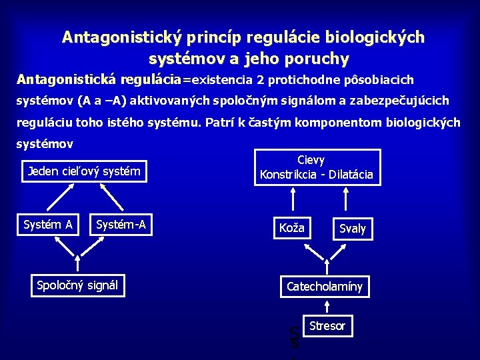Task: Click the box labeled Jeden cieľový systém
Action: [x=84, y=171]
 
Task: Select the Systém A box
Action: [x=48, y=225]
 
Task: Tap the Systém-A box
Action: [x=121, y=225]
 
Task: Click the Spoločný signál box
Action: [x=77, y=285]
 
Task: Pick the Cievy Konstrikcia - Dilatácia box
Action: [x=317, y=167]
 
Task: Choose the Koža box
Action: [x=291, y=228]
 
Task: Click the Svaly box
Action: [x=352, y=229]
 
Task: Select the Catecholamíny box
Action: [x=325, y=287]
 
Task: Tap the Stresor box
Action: [x=327, y=326]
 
